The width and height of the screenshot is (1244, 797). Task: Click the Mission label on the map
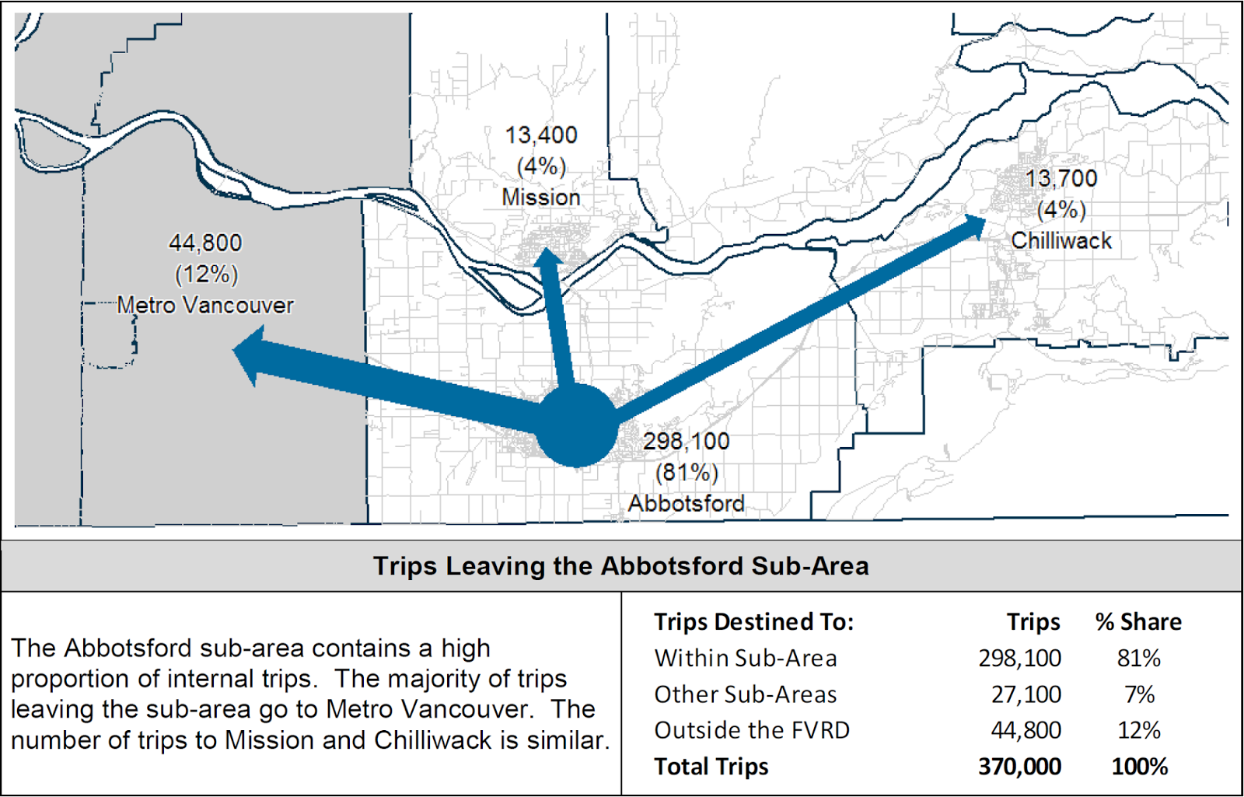pos(541,198)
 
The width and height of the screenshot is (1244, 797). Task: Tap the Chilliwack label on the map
pos(1061,241)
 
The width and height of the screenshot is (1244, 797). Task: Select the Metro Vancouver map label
pos(205,306)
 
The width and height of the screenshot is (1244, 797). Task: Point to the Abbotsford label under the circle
pos(687,504)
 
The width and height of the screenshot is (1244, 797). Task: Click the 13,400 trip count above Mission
pos(541,135)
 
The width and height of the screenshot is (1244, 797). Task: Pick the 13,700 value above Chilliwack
pos(1061,179)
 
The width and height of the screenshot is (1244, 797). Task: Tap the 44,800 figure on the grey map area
pos(205,243)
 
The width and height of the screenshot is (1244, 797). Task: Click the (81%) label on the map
pos(687,473)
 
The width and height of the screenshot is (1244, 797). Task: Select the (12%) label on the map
pos(206,274)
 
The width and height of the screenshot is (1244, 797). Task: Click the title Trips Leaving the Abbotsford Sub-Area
pos(621,566)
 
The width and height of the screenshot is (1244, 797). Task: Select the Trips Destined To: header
pos(753,622)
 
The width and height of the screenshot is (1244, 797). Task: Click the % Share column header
pos(1138,622)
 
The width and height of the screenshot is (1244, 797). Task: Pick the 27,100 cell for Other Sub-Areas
pos(1026,694)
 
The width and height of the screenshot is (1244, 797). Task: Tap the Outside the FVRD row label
pos(752,731)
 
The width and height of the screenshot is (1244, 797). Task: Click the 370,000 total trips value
pos(1019,767)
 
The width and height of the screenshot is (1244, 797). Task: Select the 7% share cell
pos(1139,694)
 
